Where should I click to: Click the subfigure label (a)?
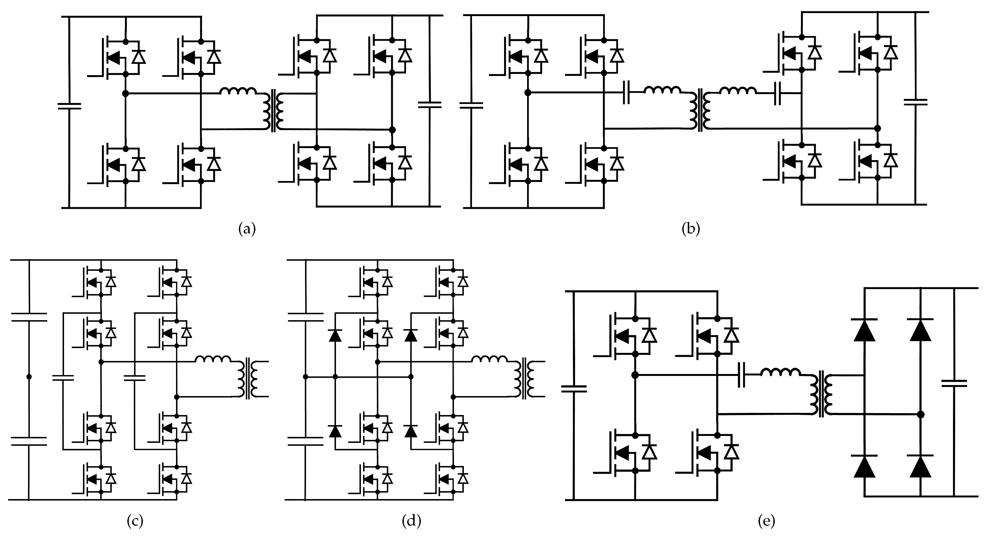point(247,229)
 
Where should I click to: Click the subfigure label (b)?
point(691,229)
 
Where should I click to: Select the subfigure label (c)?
point(135,521)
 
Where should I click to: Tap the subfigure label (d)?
point(411,521)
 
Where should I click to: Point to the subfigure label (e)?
point(767,521)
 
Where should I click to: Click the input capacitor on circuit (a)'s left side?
point(69,106)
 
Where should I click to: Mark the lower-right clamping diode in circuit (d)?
point(411,431)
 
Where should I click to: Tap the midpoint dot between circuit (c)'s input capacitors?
point(29,377)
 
